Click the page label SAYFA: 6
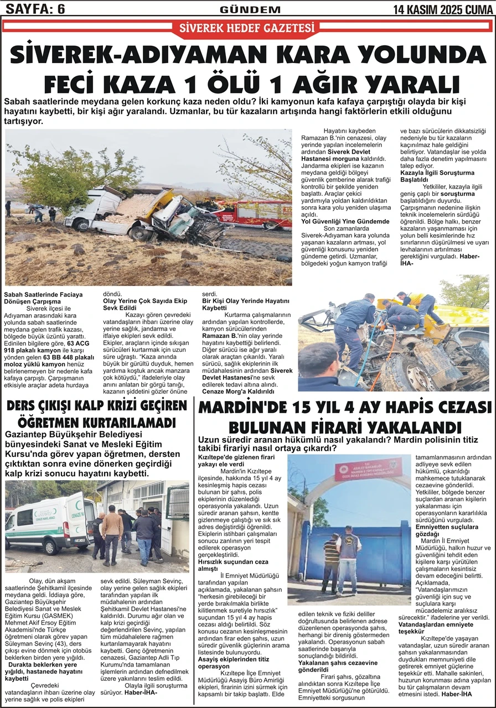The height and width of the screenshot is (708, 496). coord(34,9)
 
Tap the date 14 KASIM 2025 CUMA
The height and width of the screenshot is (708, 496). coord(443,9)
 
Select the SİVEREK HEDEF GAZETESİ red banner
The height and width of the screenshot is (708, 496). coord(247,28)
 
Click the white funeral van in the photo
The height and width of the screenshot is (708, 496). coord(47,522)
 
